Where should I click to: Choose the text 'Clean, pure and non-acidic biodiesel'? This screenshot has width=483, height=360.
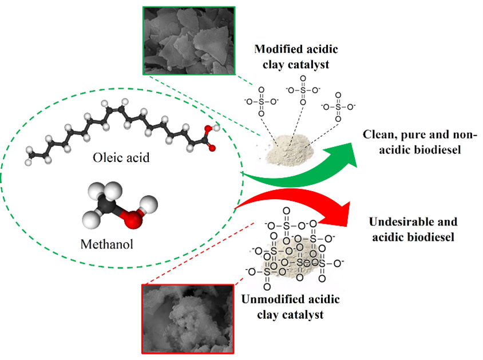[420, 141]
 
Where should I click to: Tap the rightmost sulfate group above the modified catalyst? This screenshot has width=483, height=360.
[339, 106]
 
